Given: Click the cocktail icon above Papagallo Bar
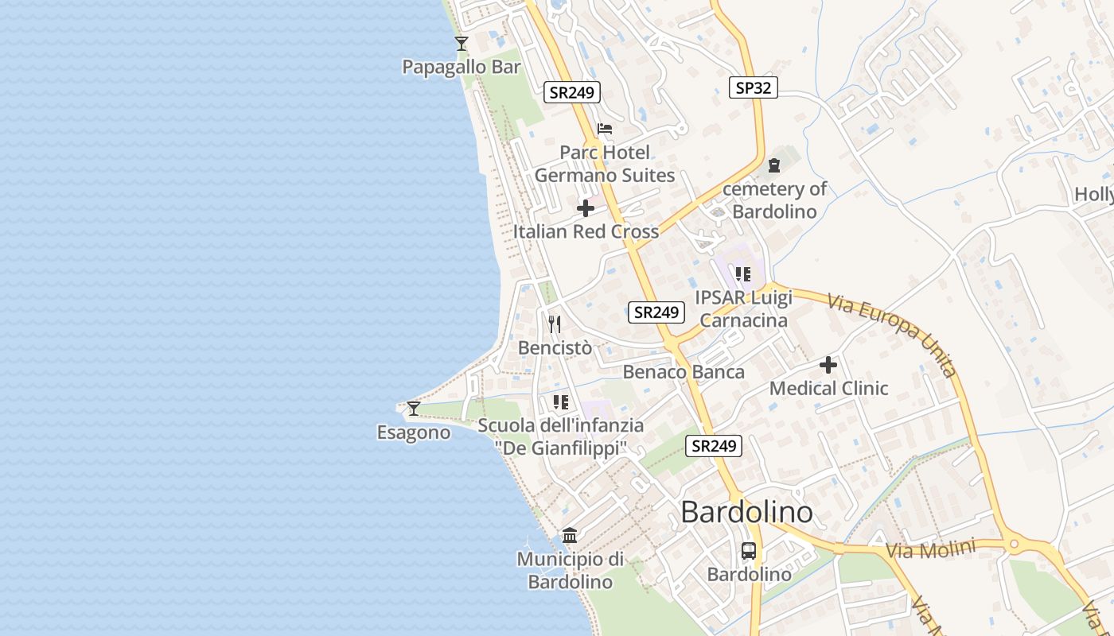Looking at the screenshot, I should click(x=462, y=43).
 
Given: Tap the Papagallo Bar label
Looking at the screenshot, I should click(x=462, y=67).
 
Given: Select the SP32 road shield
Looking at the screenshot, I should click(x=753, y=87).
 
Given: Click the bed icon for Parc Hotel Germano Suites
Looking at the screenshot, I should click(x=605, y=129).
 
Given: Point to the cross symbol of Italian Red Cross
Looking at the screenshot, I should click(x=586, y=209).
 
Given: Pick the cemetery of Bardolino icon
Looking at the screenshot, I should click(x=774, y=166).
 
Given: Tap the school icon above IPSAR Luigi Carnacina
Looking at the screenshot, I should click(x=743, y=274).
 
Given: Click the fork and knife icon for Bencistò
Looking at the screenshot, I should click(x=555, y=324).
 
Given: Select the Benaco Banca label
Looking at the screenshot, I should click(x=684, y=371).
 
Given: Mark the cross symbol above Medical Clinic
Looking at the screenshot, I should click(x=828, y=365).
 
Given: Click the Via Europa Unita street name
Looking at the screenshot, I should click(x=891, y=334).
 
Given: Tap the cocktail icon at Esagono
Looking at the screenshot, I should click(x=414, y=409).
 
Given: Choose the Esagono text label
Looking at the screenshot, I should click(x=414, y=432).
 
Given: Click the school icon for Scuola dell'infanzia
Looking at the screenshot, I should click(x=561, y=402).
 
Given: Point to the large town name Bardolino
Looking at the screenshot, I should click(x=746, y=512).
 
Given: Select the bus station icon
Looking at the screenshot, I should click(x=749, y=550).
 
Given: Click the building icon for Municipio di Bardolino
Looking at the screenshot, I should click(x=570, y=535).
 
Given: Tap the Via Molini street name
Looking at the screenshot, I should click(x=931, y=549).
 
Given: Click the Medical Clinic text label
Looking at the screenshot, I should click(x=828, y=388).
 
